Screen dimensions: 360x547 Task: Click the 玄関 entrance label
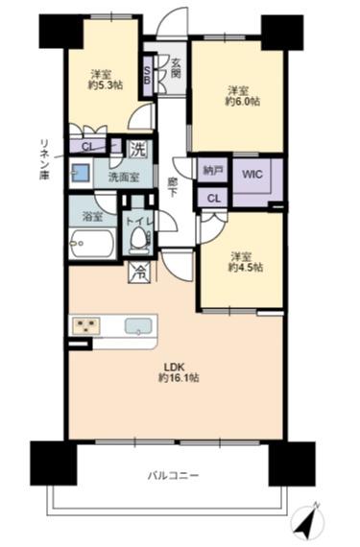click(x=177, y=68)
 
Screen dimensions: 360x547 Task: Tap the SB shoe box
click(x=148, y=75)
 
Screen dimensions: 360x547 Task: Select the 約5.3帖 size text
click(x=105, y=85)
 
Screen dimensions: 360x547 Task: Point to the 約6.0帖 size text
click(x=243, y=102)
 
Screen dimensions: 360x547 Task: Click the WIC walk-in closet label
click(x=252, y=175)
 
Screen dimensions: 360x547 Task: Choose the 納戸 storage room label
click(x=213, y=171)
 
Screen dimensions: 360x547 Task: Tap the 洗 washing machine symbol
click(x=138, y=150)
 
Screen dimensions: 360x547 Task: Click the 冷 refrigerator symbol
click(x=140, y=273)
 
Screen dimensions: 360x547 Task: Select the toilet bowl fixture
click(x=139, y=237)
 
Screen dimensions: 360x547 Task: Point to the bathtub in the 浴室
click(x=92, y=244)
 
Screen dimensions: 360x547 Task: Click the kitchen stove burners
click(x=85, y=326)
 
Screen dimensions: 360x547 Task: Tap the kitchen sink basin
click(x=138, y=326)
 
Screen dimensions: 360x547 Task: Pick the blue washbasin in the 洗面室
click(x=81, y=172)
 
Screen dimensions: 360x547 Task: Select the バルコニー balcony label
click(x=174, y=475)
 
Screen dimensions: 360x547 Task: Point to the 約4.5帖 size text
click(x=246, y=268)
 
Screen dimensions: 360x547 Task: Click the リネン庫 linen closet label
click(x=45, y=159)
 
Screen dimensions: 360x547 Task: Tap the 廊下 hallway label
click(x=171, y=187)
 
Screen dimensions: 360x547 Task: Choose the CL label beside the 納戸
click(x=214, y=199)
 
